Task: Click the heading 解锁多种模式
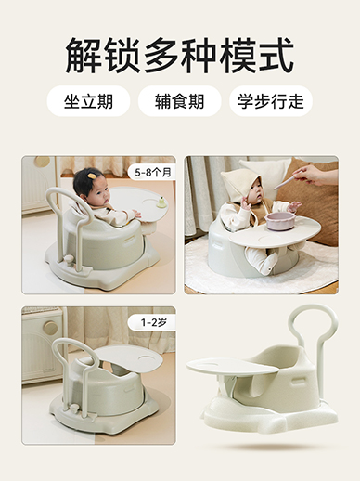pos(179,56)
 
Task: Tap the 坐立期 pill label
pos(88,101)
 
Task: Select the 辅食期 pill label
pos(180,101)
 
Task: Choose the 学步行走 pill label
pos(271,101)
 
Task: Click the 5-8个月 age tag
pos(153,173)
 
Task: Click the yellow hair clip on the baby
pos(91,175)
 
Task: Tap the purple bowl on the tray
pos(280,220)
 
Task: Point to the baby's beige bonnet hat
pos(239,181)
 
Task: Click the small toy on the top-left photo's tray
pos(161,201)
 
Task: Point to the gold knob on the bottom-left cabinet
pos(51,328)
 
